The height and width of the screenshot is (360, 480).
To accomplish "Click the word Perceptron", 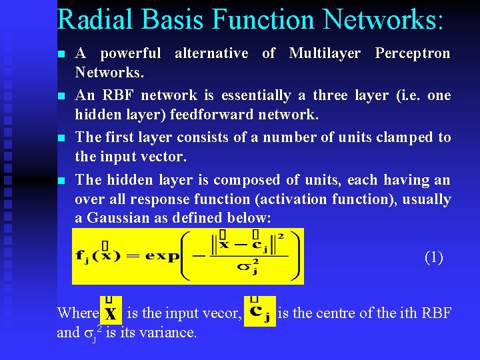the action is click(413, 53).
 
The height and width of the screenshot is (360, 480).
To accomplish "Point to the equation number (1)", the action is click(433, 257).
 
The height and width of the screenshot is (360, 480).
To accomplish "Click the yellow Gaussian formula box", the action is click(187, 256).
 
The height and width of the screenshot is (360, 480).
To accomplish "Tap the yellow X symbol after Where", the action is click(111, 311).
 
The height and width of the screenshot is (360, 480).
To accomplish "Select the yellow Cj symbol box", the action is click(260, 311).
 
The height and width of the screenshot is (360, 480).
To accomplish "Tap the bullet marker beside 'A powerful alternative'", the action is click(61, 54).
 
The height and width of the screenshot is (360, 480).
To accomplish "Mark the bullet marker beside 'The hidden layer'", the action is click(61, 181).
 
